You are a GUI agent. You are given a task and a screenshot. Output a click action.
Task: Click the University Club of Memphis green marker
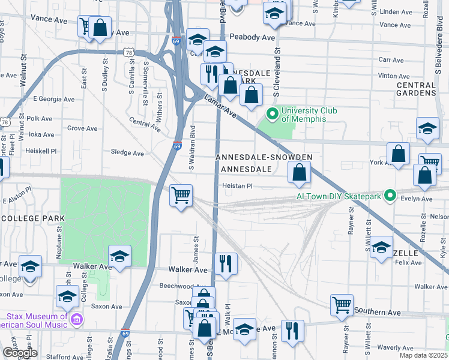272,113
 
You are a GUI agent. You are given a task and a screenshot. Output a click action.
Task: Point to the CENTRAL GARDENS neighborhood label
415,89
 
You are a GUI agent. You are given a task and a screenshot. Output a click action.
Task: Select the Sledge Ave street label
128,153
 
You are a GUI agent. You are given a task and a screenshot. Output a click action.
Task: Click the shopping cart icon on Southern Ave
342,304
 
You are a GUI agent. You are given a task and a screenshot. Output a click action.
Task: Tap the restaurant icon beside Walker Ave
226,262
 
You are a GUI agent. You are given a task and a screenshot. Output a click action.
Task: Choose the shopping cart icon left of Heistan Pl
181,194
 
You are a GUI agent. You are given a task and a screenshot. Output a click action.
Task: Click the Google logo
19,353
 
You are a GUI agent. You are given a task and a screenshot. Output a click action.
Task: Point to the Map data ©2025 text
423,355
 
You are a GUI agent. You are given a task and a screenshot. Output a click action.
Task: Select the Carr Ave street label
391,60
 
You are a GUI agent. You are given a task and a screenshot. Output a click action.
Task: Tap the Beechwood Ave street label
181,286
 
